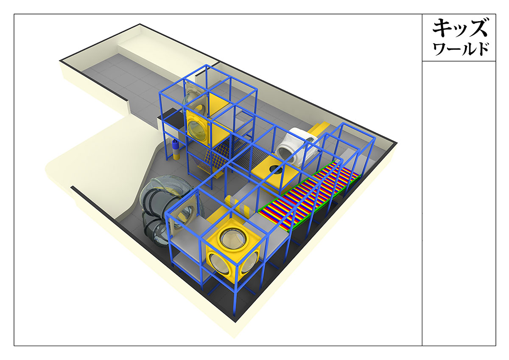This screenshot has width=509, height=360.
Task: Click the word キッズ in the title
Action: [x=460, y=28]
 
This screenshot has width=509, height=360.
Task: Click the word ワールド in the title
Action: [x=461, y=49]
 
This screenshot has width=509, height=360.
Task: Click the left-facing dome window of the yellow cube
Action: [x=219, y=264]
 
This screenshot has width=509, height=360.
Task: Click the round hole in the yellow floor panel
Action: [x=276, y=169]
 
